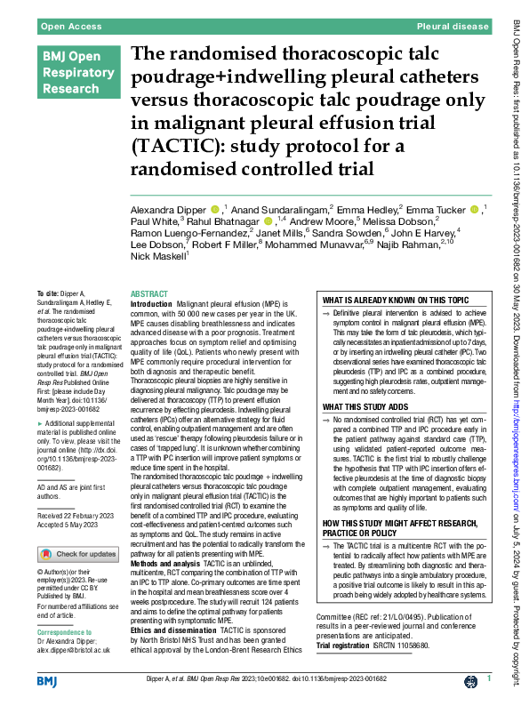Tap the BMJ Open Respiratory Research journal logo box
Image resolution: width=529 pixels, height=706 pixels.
coord(74,74)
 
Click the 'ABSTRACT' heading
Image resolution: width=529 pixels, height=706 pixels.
coord(148,293)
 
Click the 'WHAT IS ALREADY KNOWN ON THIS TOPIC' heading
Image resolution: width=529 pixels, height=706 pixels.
coord(394,301)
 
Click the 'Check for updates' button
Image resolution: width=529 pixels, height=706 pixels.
coord(77,555)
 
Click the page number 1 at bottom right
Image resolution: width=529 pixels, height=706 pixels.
coord(490,679)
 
